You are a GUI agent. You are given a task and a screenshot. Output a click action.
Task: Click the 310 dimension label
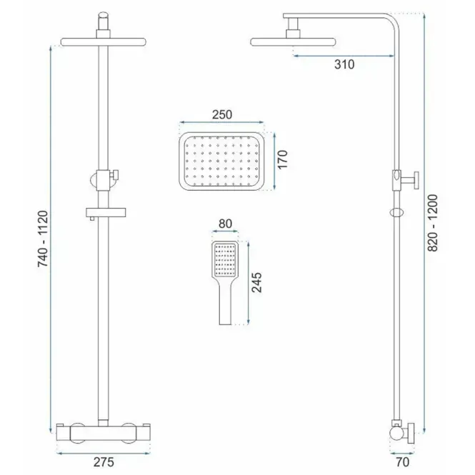(344, 64)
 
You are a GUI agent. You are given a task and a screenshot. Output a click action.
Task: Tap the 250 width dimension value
(222, 114)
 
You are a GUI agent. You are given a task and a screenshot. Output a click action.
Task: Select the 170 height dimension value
(282, 160)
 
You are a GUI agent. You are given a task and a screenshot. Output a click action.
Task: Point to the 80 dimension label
(225, 224)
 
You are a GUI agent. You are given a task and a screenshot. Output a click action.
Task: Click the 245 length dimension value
(256, 282)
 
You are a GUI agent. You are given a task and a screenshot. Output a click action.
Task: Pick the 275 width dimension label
(104, 462)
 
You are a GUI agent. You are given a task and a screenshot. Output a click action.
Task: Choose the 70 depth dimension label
(403, 462)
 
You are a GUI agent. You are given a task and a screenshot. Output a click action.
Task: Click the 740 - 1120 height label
(43, 239)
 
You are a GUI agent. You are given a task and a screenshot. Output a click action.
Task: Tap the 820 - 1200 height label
(433, 223)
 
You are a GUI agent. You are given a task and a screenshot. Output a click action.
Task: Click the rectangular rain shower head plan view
(221, 161)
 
